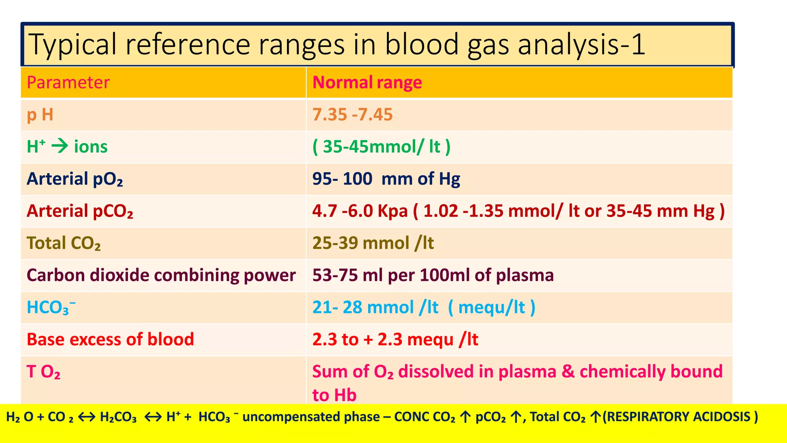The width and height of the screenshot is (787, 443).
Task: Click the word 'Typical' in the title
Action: (72, 45)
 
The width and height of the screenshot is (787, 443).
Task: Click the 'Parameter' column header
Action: (68, 83)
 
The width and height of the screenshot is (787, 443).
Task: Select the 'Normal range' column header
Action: (367, 83)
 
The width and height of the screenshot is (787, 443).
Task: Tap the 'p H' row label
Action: (40, 115)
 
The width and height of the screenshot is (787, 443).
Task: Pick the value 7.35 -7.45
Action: (352, 115)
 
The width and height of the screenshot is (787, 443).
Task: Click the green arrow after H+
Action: (60, 147)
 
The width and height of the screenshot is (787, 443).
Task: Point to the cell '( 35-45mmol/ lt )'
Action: (381, 147)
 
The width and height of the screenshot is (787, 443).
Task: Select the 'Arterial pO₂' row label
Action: (75, 179)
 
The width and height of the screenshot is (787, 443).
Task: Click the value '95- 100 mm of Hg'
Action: (386, 179)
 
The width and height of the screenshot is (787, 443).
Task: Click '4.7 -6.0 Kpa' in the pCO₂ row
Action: (360, 211)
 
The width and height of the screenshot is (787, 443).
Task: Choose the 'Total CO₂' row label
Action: (63, 243)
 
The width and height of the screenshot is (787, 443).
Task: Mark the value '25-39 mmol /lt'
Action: (373, 243)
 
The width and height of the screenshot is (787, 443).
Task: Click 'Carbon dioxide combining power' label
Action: (161, 275)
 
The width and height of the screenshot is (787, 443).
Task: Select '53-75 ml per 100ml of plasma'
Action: (433, 275)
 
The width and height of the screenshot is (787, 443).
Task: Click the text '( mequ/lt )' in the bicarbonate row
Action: (491, 308)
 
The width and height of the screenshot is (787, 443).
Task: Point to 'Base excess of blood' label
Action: (110, 340)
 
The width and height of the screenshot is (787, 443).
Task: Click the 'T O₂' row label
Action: (43, 372)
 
